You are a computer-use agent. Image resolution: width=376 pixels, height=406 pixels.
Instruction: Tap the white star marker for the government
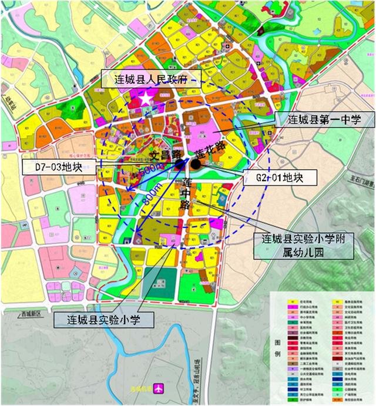pyautogui.click(x=146, y=99)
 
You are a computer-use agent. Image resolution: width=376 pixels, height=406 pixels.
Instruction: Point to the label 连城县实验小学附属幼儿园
pyautogui.click(x=303, y=246)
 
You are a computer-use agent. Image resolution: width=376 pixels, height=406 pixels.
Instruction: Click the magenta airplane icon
pyautogui.click(x=157, y=388)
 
